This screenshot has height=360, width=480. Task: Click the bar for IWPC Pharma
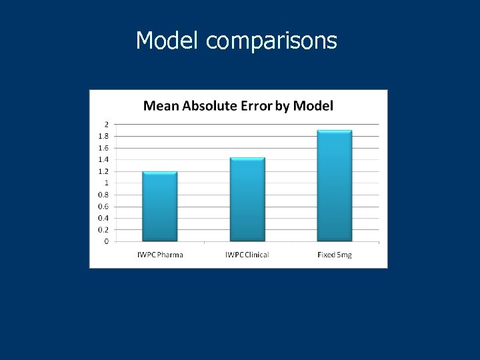[x=159, y=207]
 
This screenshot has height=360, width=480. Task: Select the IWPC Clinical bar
[x=247, y=200]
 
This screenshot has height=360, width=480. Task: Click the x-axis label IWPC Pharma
[x=160, y=255]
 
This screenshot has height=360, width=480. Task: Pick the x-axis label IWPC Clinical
[x=247, y=255]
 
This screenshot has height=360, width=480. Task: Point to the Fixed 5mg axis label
[x=334, y=255]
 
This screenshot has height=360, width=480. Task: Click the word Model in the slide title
[x=167, y=41]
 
